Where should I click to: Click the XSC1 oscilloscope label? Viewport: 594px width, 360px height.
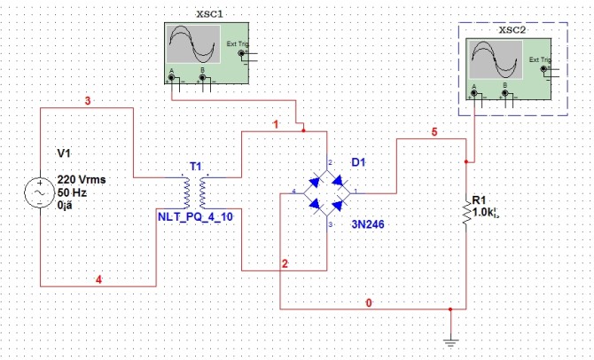(x=209, y=15)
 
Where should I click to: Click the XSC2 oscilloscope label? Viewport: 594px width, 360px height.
(x=512, y=29)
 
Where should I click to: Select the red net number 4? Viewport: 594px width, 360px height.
(x=98, y=280)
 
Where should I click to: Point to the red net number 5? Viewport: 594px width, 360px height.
(x=434, y=132)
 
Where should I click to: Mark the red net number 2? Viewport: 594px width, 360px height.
(x=285, y=264)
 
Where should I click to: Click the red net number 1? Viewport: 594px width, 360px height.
(x=277, y=125)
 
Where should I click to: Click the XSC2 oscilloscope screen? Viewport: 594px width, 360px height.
(x=497, y=59)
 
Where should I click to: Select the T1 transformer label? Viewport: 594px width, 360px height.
(x=196, y=167)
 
